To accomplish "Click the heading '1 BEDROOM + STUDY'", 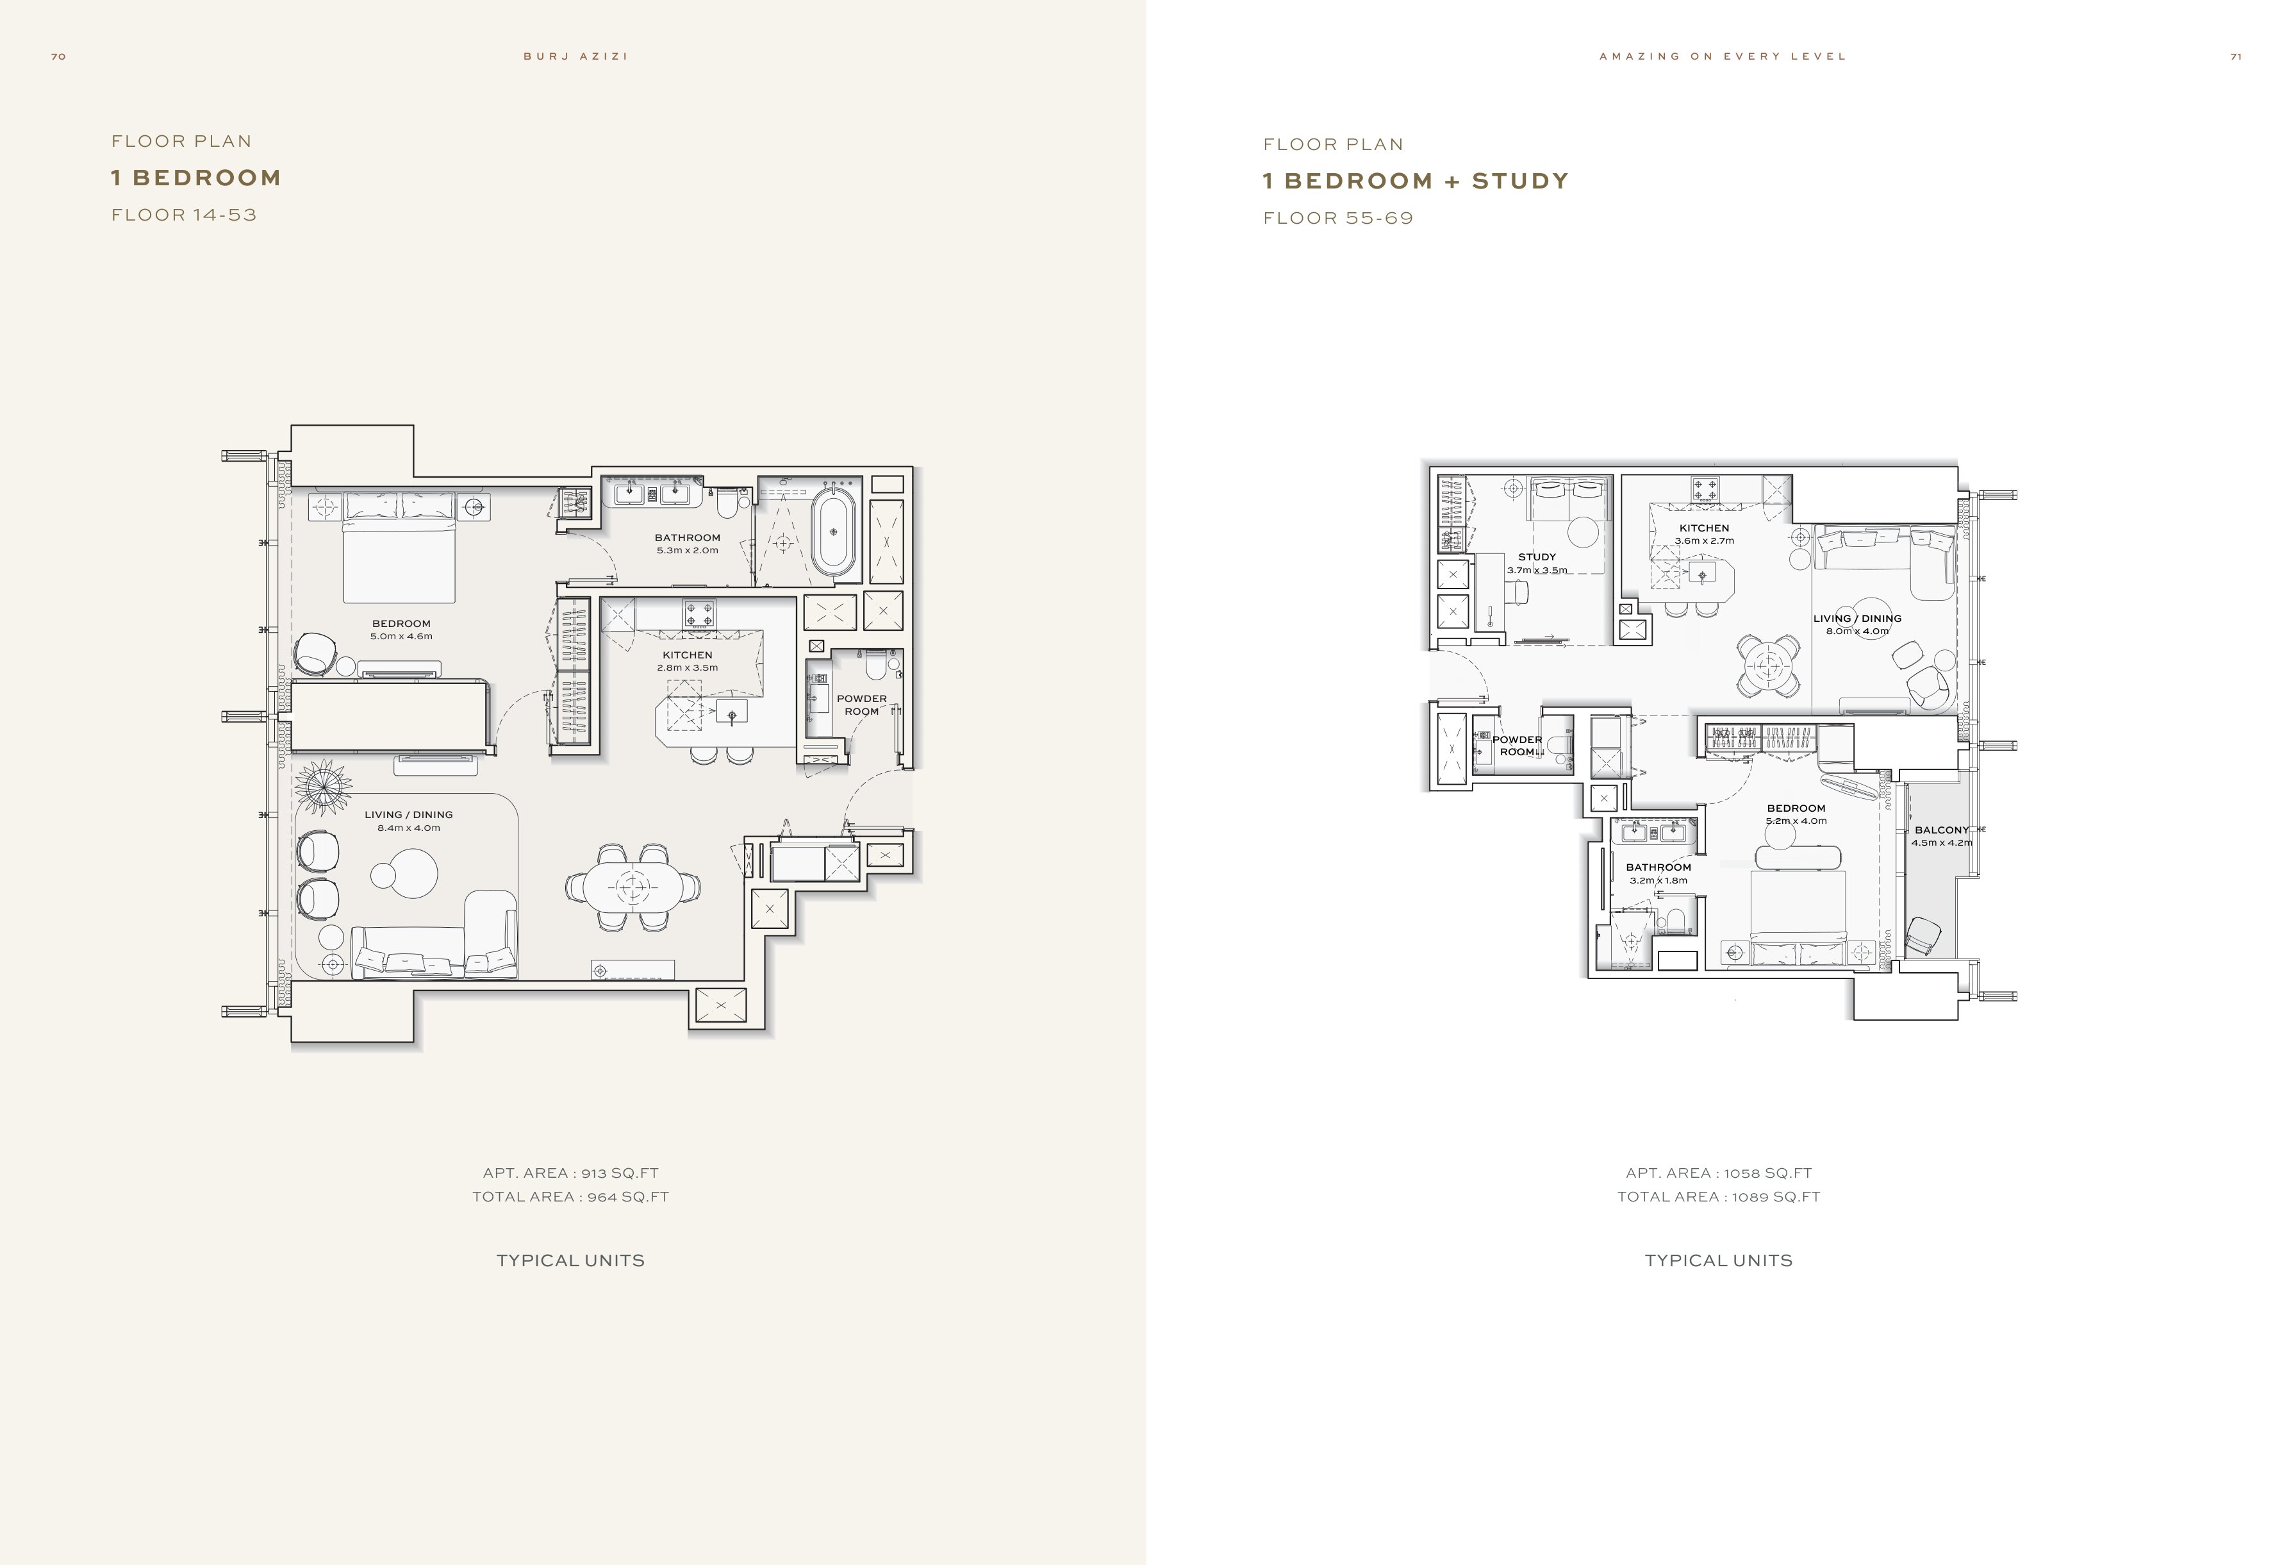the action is [1416, 181].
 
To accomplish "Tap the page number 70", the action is [58, 56].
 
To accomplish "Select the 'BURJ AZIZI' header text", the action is [575, 56].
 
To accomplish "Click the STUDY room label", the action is [1537, 557].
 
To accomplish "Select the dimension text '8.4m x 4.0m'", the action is [408, 828].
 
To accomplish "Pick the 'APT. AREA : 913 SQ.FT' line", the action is [571, 1173].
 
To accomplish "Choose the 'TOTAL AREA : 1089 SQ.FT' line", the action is [1718, 1197].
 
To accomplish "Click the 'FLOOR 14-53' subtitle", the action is [185, 215].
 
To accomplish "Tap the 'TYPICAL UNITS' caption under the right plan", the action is [1718, 1260].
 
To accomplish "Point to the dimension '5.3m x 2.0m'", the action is [687, 550].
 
